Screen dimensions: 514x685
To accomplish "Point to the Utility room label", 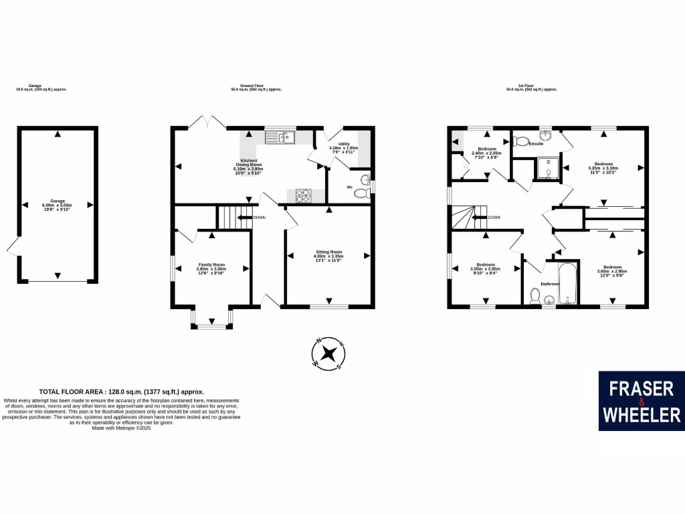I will pyautogui.click(x=344, y=144).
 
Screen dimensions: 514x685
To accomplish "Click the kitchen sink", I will pyautogui.click(x=280, y=138).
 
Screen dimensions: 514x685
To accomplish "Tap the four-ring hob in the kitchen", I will pyautogui.click(x=302, y=195).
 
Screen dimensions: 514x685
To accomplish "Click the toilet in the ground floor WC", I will pyautogui.click(x=361, y=193).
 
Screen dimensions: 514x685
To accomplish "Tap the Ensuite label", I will pyautogui.click(x=536, y=144).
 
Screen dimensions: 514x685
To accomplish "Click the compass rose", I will pyautogui.click(x=328, y=353).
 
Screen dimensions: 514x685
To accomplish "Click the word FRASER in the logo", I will pyautogui.click(x=640, y=388).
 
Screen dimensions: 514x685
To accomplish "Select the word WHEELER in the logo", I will pyautogui.click(x=642, y=415).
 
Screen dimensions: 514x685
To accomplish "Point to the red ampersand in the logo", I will pyautogui.click(x=641, y=402).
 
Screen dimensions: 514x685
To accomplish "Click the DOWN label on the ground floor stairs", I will pyautogui.click(x=259, y=218).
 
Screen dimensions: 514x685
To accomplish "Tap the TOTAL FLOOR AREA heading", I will pyautogui.click(x=121, y=392).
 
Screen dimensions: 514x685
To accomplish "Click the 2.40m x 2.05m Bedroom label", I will pyautogui.click(x=487, y=153).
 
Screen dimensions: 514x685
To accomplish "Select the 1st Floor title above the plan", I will pyautogui.click(x=532, y=86).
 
